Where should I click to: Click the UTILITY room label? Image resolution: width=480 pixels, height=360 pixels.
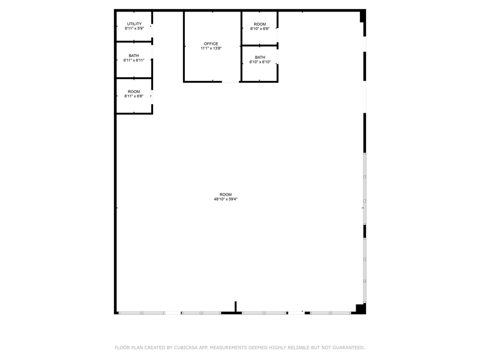click(x=134, y=24)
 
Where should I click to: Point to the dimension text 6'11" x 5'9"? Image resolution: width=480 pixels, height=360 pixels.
click(x=134, y=29)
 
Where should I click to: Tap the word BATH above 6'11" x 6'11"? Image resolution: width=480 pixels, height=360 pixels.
click(x=133, y=56)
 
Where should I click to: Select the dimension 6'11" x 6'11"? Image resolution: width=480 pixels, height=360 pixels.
click(x=133, y=61)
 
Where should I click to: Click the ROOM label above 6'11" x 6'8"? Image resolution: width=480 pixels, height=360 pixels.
click(x=133, y=92)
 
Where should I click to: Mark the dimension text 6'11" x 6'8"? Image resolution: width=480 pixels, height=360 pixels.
click(x=133, y=97)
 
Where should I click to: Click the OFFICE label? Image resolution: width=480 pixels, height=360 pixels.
click(x=211, y=44)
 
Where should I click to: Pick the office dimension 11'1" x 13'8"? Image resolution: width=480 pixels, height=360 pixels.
click(x=211, y=49)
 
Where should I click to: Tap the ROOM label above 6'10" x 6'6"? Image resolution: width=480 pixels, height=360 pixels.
click(x=260, y=24)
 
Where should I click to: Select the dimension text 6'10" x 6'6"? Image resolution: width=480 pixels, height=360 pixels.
click(x=260, y=29)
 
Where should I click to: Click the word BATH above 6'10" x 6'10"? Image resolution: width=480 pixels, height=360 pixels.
click(x=260, y=57)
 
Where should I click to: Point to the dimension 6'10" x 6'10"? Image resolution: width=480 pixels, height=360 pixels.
click(x=260, y=62)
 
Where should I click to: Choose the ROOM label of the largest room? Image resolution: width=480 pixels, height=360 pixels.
click(x=225, y=195)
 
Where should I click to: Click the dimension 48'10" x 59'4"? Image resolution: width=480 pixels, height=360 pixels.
click(x=225, y=200)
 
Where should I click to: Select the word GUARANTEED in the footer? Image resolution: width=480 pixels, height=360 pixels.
click(x=347, y=348)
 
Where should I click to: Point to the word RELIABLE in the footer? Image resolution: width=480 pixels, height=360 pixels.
click(x=299, y=348)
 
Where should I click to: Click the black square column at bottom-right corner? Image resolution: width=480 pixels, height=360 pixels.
click(x=361, y=309)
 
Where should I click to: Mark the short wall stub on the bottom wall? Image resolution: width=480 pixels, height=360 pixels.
click(x=236, y=307)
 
